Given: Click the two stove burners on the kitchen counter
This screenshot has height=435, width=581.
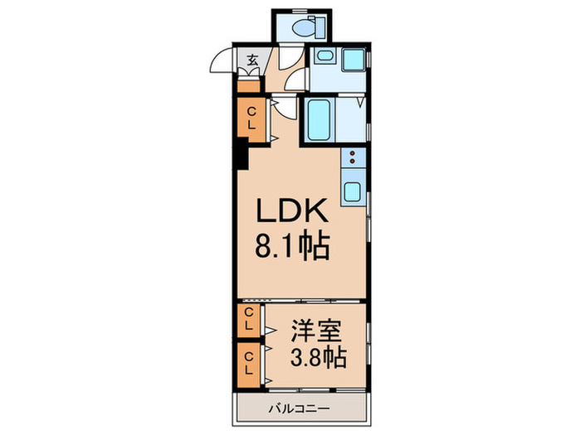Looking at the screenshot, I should (353, 161).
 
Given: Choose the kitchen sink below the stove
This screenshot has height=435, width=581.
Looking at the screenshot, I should (352, 191).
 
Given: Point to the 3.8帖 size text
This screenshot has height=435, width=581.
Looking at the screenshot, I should (317, 359).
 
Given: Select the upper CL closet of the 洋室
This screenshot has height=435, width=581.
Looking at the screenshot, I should (248, 318).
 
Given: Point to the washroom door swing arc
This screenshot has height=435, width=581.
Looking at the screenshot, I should (295, 83).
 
